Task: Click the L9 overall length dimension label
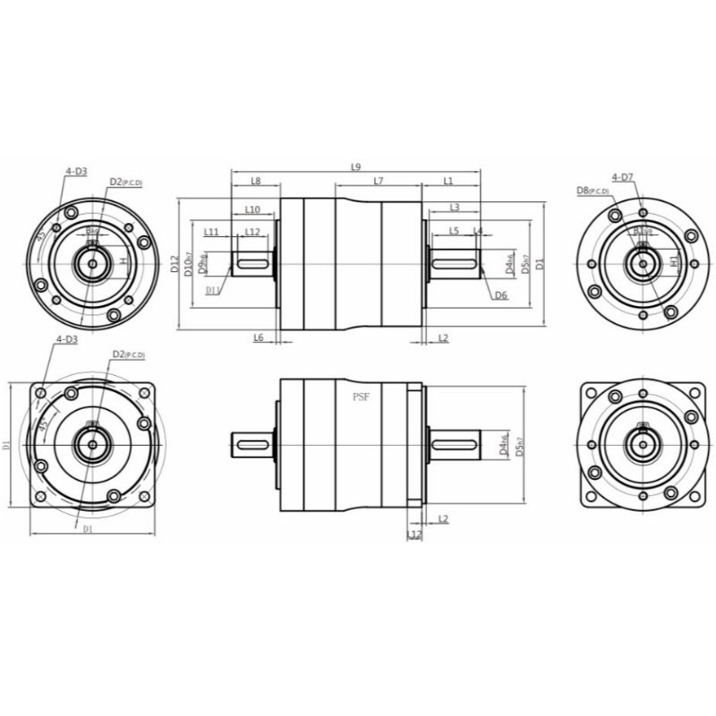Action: [x=355, y=166]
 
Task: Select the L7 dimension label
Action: [x=378, y=181]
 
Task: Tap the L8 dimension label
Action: [x=255, y=181]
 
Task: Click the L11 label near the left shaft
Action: [x=211, y=232]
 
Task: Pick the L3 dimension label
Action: [x=455, y=207]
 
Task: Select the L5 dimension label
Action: [x=454, y=231]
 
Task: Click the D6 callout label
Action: [x=501, y=295]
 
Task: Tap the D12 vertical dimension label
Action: [x=175, y=264]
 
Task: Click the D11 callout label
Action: [x=213, y=290]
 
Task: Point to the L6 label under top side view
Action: [x=258, y=337]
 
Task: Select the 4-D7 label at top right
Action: [x=623, y=177]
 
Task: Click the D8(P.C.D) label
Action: [x=592, y=191]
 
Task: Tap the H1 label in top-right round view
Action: [x=675, y=262]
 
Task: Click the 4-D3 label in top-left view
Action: [x=75, y=170]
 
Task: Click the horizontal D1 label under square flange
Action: [x=88, y=530]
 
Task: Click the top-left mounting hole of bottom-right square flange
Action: [x=593, y=394]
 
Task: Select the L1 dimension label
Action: [x=448, y=181]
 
